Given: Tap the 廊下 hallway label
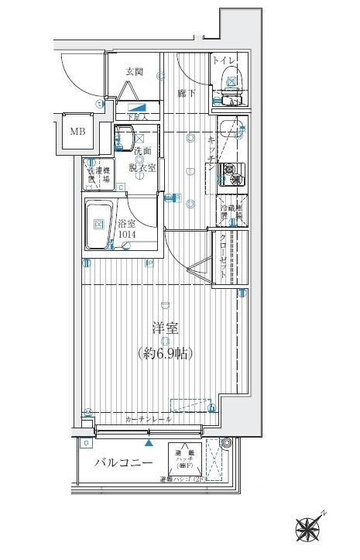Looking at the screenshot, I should click(187, 93).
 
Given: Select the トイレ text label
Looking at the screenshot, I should click(227, 60).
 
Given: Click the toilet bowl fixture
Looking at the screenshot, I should click(231, 79).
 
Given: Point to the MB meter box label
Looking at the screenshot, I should click(79, 132).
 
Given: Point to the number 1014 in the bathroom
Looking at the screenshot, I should click(129, 235).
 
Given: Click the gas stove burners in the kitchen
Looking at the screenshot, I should click(231, 175).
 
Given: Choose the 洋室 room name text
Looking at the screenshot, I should click(165, 328).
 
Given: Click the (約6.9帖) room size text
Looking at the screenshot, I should click(165, 353).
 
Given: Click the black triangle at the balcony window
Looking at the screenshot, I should click(148, 444).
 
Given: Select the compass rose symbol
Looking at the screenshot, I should click(310, 528).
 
